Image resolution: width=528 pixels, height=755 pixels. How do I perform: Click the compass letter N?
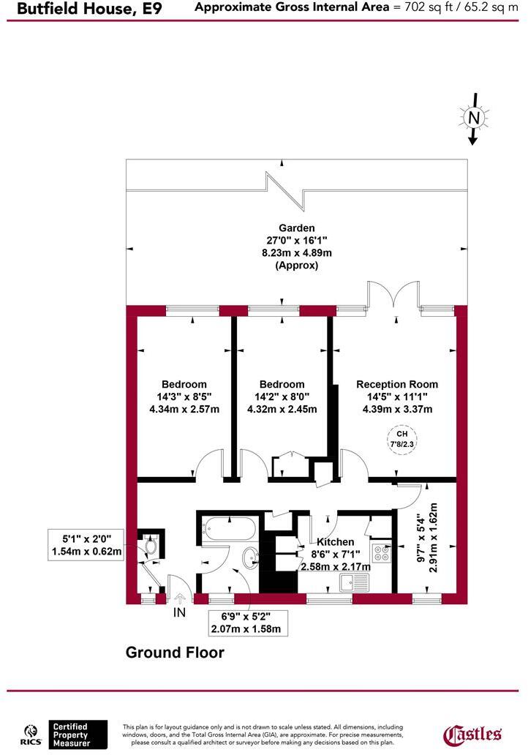[474, 118]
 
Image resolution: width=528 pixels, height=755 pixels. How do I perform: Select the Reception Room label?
[397, 384]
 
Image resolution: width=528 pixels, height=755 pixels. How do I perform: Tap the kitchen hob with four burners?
[381, 553]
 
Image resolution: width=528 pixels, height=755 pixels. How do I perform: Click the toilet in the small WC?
[151, 546]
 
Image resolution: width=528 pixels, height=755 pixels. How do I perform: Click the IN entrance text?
[179, 612]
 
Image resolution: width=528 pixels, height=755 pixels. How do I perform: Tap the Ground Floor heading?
[175, 652]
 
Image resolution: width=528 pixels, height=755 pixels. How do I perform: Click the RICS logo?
[31, 734]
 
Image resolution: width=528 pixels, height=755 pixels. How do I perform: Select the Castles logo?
[473, 734]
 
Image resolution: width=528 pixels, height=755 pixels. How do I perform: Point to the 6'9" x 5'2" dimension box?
[245, 622]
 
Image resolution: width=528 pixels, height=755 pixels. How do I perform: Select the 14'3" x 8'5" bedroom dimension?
[184, 397]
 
